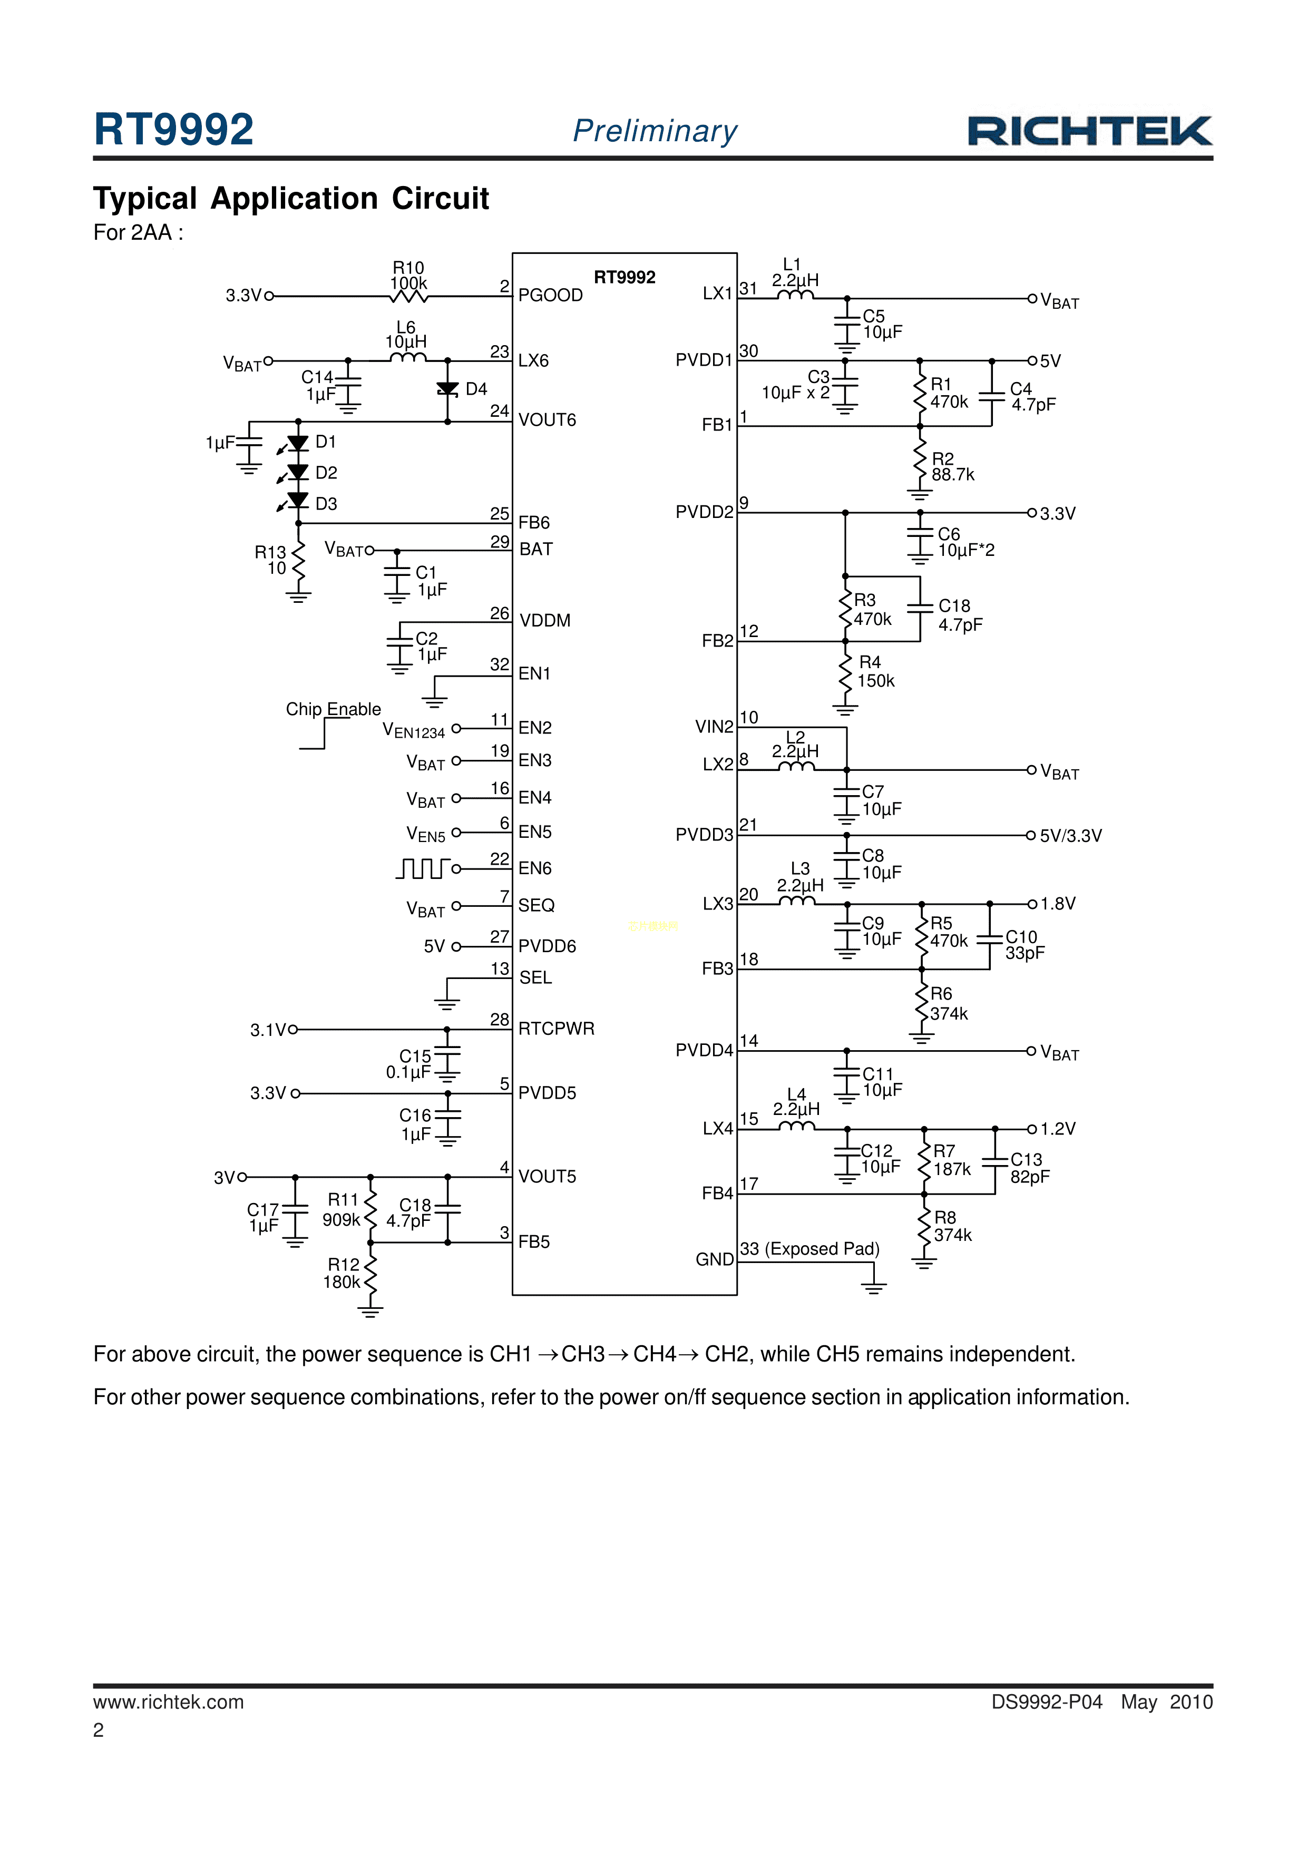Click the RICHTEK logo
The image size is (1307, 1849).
pos(1089,131)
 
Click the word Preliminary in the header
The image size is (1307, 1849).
pos(655,131)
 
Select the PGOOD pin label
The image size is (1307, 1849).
pos(550,296)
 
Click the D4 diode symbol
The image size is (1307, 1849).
pos(448,390)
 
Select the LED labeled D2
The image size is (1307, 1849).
pos(298,472)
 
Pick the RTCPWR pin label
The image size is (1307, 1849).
pos(555,1029)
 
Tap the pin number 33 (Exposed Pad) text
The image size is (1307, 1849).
pos(809,1249)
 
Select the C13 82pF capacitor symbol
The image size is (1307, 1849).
pos(996,1161)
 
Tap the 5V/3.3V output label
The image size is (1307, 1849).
pos(1070,836)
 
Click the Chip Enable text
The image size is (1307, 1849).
pos(334,709)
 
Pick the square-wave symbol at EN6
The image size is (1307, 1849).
pos(422,868)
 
